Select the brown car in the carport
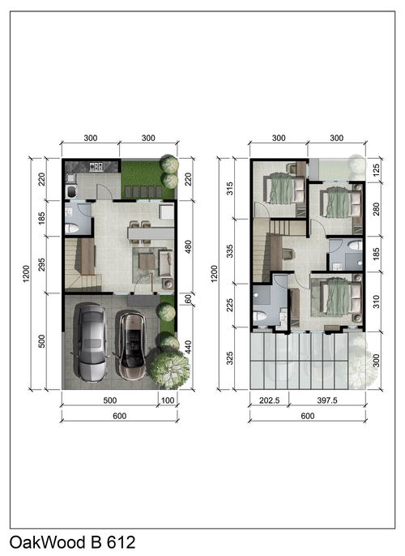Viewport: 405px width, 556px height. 132,345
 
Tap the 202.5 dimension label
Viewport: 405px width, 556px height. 270,400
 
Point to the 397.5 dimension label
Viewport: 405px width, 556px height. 327,400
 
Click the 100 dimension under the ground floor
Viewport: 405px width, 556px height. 168,400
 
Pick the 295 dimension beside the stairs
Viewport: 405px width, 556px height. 41,264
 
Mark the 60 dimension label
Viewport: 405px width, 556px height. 188,299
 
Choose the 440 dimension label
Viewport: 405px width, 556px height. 188,348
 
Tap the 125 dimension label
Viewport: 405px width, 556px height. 376,170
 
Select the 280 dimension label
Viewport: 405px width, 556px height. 376,209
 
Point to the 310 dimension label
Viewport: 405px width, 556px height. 376,302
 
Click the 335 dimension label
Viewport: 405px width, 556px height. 230,251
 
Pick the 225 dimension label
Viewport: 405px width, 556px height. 230,306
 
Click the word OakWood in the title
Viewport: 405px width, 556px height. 47,542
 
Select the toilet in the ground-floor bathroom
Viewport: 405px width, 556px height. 72,228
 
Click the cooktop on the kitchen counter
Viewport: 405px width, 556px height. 96,166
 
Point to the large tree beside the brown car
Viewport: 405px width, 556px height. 168,368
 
